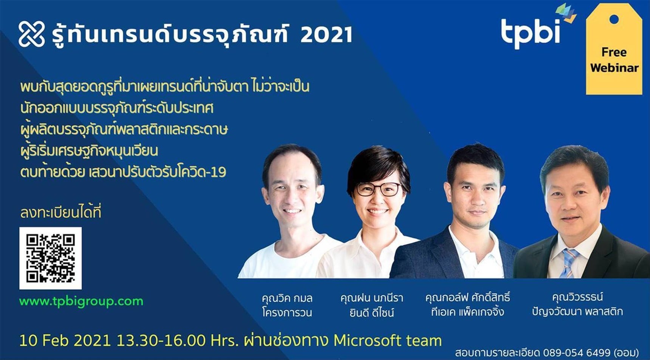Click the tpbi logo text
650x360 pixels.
(531, 32)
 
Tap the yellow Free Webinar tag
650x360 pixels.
(614, 49)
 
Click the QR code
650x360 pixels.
(50, 258)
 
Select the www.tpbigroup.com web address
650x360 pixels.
(81, 301)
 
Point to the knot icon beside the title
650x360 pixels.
(32, 34)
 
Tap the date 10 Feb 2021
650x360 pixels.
(65, 340)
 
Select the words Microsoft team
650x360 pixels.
(387, 340)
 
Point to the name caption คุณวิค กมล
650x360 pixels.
(287, 298)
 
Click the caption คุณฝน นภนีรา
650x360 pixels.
(372, 298)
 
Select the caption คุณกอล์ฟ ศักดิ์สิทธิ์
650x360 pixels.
(467, 297)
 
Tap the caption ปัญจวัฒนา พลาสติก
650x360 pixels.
(577, 312)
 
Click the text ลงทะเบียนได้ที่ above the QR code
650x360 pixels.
(61, 213)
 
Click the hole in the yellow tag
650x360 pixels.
(614, 19)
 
